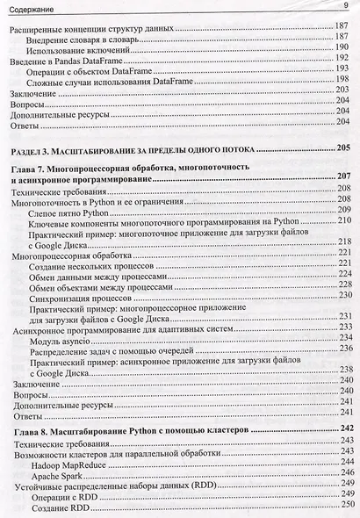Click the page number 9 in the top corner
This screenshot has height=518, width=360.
coord(346,7)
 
